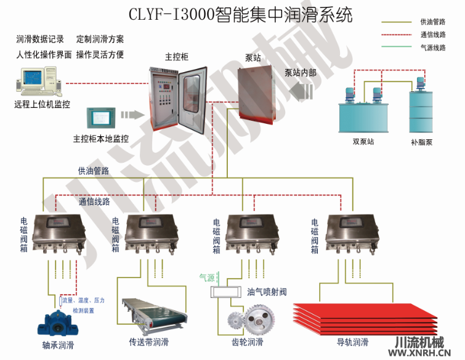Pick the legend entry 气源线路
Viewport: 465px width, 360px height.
[x=432, y=47]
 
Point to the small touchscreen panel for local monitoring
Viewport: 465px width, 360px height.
[x=101, y=117]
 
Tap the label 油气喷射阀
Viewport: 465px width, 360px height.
[x=267, y=292]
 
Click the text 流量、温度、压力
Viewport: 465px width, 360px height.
[x=83, y=300]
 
